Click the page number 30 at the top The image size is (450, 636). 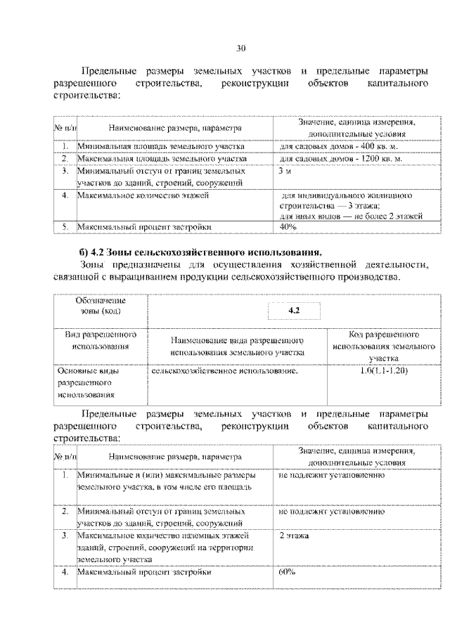(240, 48)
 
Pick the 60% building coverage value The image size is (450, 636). (286, 572)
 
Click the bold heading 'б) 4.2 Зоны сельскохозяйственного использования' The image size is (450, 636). (201, 251)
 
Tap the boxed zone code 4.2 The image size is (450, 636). (294, 311)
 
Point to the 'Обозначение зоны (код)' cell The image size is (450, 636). (101, 306)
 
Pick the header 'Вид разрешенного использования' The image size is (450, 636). (101, 340)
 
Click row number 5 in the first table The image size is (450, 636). (65, 228)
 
